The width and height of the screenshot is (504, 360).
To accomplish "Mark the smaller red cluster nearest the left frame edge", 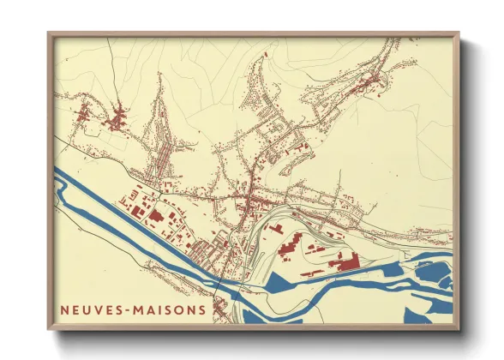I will (83, 112).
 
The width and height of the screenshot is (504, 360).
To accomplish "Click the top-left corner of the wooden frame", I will (50, 35).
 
